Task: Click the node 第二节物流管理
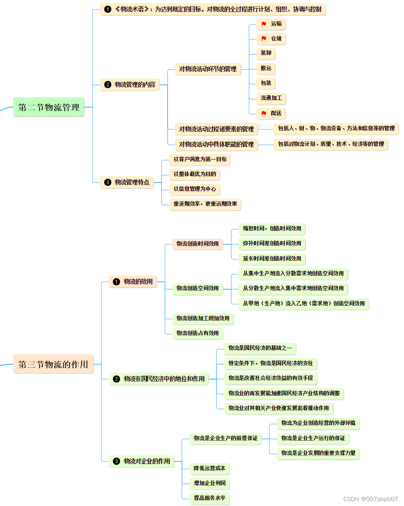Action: pos(49,107)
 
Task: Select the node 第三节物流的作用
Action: pos(53,364)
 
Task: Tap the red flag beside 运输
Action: pos(264,24)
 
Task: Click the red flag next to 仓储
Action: pos(264,39)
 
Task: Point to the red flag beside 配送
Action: pos(264,113)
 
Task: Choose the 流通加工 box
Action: pos(271,98)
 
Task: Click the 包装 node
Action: pos(266,83)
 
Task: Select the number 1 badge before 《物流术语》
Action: pos(108,9)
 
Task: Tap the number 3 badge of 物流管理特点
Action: pos(108,182)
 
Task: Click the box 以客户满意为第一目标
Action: pos(200,159)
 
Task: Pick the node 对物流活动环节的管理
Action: pos(208,69)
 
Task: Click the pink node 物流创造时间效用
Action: pos(197,244)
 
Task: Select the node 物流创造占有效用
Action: pos(197,333)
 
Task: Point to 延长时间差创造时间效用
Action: pos(272,258)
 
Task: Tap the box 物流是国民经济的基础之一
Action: pos(260,348)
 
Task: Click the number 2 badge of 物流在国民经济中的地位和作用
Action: pos(116,379)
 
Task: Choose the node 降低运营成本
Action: pos(210,468)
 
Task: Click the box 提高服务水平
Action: pos(210,498)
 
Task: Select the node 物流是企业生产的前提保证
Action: pos(225,438)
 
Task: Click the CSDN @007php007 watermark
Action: pos(370,499)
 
